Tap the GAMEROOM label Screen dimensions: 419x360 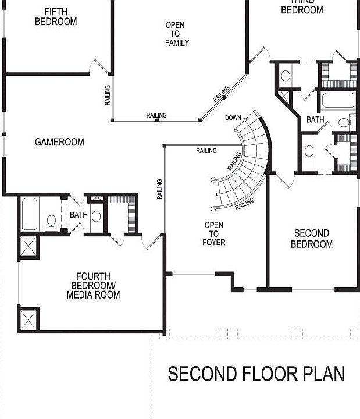tap(59, 142)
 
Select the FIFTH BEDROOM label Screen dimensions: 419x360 tap(56, 16)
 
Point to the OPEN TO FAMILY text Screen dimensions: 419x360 tap(177, 34)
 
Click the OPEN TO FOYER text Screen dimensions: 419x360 tap(214, 233)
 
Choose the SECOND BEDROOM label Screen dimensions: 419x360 tap(311, 239)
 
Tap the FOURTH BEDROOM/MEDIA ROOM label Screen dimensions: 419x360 tap(95, 285)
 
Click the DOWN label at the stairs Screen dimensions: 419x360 tap(233, 118)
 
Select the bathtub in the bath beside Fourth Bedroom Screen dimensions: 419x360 tap(29, 214)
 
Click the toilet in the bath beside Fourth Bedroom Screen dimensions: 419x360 tap(52, 222)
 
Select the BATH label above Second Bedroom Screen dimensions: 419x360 tap(315, 119)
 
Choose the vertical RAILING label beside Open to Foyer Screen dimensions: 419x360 tap(159, 189)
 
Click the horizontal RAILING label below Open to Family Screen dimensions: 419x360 tap(156, 115)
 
